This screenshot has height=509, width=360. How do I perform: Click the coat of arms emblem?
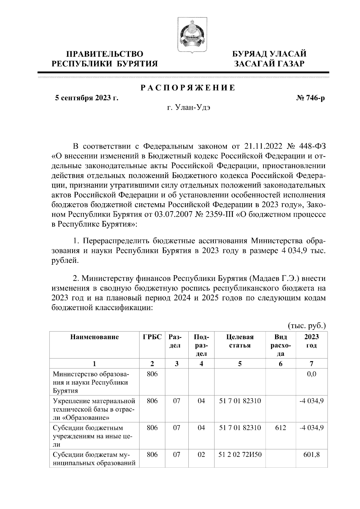tap(191, 35)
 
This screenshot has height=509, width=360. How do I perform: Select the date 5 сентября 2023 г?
tap(86, 98)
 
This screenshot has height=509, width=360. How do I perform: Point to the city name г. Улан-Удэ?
tap(188, 108)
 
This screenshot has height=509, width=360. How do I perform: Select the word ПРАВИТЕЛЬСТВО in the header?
tap(104, 54)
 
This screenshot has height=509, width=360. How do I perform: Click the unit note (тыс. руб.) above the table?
tap(307, 326)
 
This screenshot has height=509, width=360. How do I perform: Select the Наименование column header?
tap(94, 337)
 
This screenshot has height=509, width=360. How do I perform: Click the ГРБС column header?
tap(152, 337)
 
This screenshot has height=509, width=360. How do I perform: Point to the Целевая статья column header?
tap(240, 341)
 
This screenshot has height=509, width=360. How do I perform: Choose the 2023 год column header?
tap(311, 341)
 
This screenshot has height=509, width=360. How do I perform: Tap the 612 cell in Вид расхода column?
tap(280, 428)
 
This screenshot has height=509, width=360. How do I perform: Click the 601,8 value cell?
tap(312, 455)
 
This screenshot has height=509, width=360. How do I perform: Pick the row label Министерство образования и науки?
tap(91, 382)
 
